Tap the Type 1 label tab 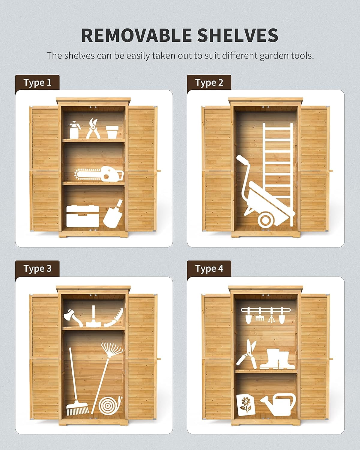click(37, 82)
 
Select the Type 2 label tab click(209, 82)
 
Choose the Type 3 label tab click(37, 268)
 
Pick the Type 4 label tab click(209, 268)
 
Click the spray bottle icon click(74, 130)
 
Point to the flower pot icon click(112, 132)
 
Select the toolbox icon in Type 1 click(82, 216)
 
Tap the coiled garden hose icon click(110, 406)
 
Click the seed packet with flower click(246, 405)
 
